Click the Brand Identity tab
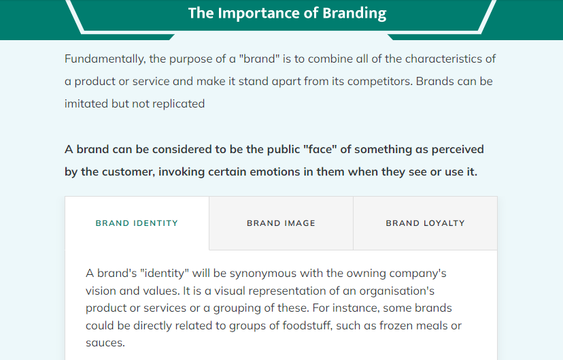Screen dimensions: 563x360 pos(137,223)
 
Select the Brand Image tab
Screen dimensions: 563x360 pos(281,223)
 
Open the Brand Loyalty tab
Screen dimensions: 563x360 pos(426,223)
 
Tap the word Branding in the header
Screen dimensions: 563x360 pos(354,14)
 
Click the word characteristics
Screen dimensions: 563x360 pos(450,59)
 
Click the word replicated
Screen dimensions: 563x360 pos(178,104)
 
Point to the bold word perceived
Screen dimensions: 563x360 pos(458,150)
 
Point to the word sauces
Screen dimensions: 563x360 pos(105,343)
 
